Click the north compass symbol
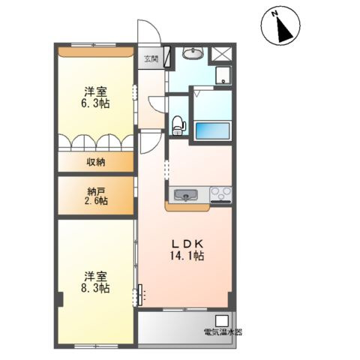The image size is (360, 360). click(280, 27)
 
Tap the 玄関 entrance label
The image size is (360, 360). click(151, 58)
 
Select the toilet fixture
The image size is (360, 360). click(178, 125)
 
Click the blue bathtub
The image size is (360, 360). click(212, 130)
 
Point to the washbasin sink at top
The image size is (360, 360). click(194, 55)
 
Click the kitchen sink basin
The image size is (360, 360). click(185, 196)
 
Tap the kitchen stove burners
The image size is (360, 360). click(222, 196)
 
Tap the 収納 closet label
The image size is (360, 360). click(95, 161)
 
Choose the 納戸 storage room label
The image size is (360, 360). click(95, 190)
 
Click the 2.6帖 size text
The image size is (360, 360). click(95, 201)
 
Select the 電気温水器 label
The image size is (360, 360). click(222, 331)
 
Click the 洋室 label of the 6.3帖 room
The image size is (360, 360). click(96, 91)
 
